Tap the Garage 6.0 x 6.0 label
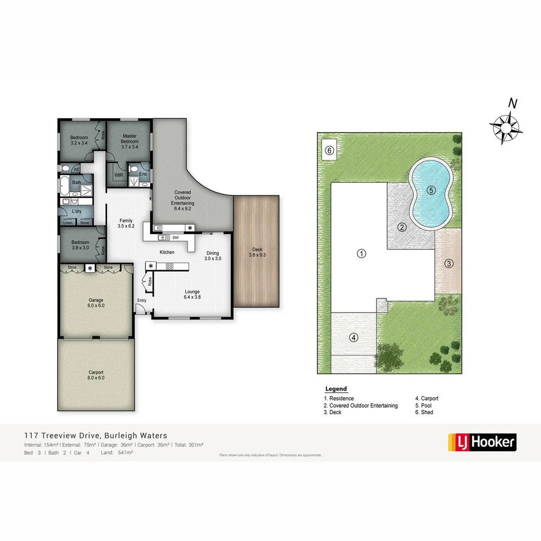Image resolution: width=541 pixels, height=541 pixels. tap(96, 303)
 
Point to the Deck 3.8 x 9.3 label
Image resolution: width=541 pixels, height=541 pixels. tap(256, 252)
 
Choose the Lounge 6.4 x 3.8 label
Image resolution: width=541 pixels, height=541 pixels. tap(192, 295)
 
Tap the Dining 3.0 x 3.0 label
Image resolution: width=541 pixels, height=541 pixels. tap(213, 256)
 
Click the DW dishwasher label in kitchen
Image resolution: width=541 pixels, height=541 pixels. tap(175, 237)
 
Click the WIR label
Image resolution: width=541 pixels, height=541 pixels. tap(118, 175)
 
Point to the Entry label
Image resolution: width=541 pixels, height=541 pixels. tap(142, 301)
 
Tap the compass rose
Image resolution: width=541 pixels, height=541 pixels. tap(506, 128)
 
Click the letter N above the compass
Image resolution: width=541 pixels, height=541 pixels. tap(512, 104)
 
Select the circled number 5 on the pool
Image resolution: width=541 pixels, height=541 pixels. tap(431, 190)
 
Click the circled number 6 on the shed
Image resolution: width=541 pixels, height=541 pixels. tap(329, 150)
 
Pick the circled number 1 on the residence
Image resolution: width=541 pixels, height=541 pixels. tap(361, 253)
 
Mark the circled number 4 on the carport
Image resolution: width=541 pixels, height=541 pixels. tap(354, 337)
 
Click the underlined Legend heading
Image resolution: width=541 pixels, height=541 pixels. tap(336, 389)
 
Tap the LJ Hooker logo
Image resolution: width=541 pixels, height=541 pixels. tap(481, 442)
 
